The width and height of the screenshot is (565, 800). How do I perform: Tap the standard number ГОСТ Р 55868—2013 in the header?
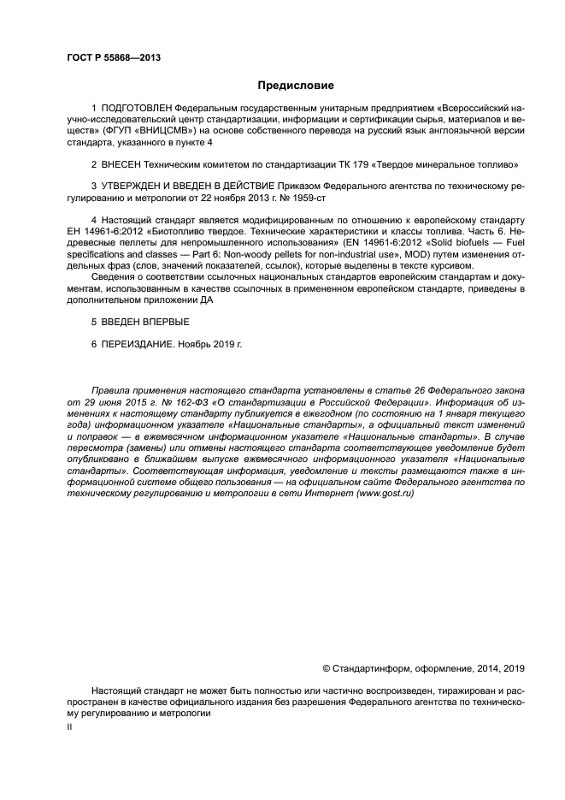pyautogui.click(x=114, y=56)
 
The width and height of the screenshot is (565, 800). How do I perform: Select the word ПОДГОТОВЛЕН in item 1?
pyautogui.click(x=135, y=109)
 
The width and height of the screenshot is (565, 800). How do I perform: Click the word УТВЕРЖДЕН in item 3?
pyautogui.click(x=136, y=184)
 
